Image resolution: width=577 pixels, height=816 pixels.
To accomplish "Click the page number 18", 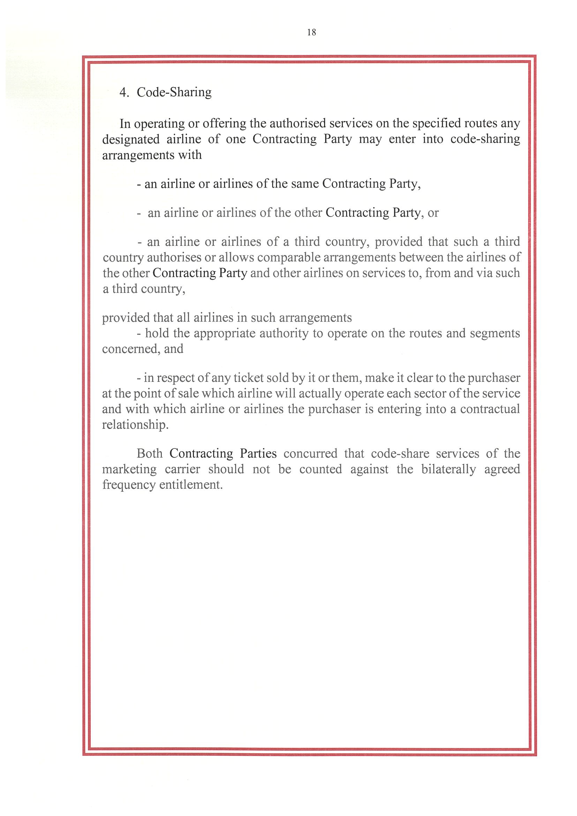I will pyautogui.click(x=312, y=33).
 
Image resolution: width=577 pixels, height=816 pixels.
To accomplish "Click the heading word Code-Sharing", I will pyautogui.click(x=174, y=92).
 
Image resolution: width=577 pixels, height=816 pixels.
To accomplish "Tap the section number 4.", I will pyautogui.click(x=124, y=92).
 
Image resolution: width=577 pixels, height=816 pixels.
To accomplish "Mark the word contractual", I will pyautogui.click(x=490, y=409).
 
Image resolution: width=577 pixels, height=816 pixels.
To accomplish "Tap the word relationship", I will pyautogui.click(x=135, y=425).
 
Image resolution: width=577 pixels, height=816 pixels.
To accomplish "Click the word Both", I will pyautogui.click(x=149, y=453).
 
